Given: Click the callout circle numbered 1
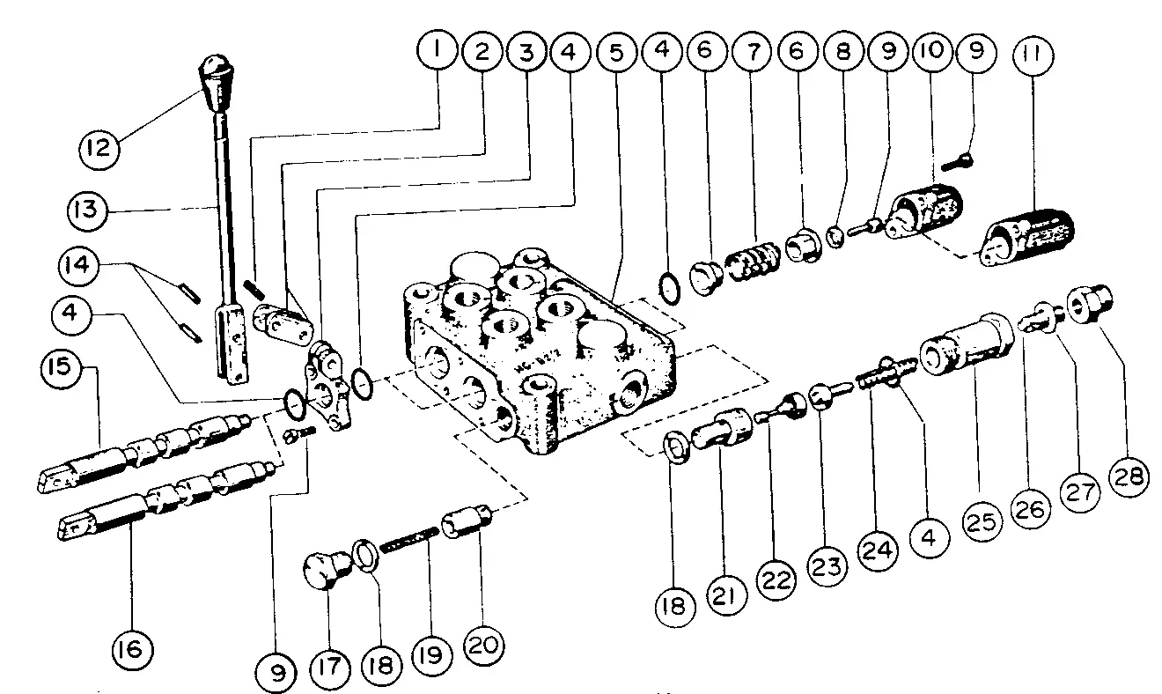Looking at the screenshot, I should coord(434,51).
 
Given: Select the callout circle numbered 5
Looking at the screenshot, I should coord(616,51).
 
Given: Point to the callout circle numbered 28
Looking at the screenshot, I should coord(1132,477).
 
